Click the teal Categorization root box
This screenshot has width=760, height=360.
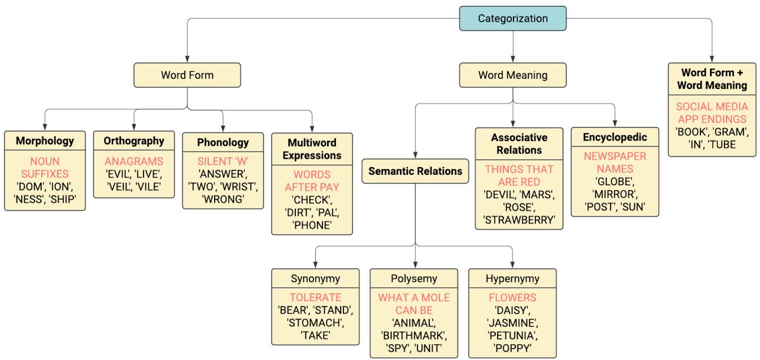(513, 18)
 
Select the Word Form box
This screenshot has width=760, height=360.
(187, 75)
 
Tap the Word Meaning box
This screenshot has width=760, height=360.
(513, 75)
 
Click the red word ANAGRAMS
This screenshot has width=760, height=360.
(134, 161)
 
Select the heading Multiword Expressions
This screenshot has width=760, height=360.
(312, 149)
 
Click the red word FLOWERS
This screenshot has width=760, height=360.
(512, 298)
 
